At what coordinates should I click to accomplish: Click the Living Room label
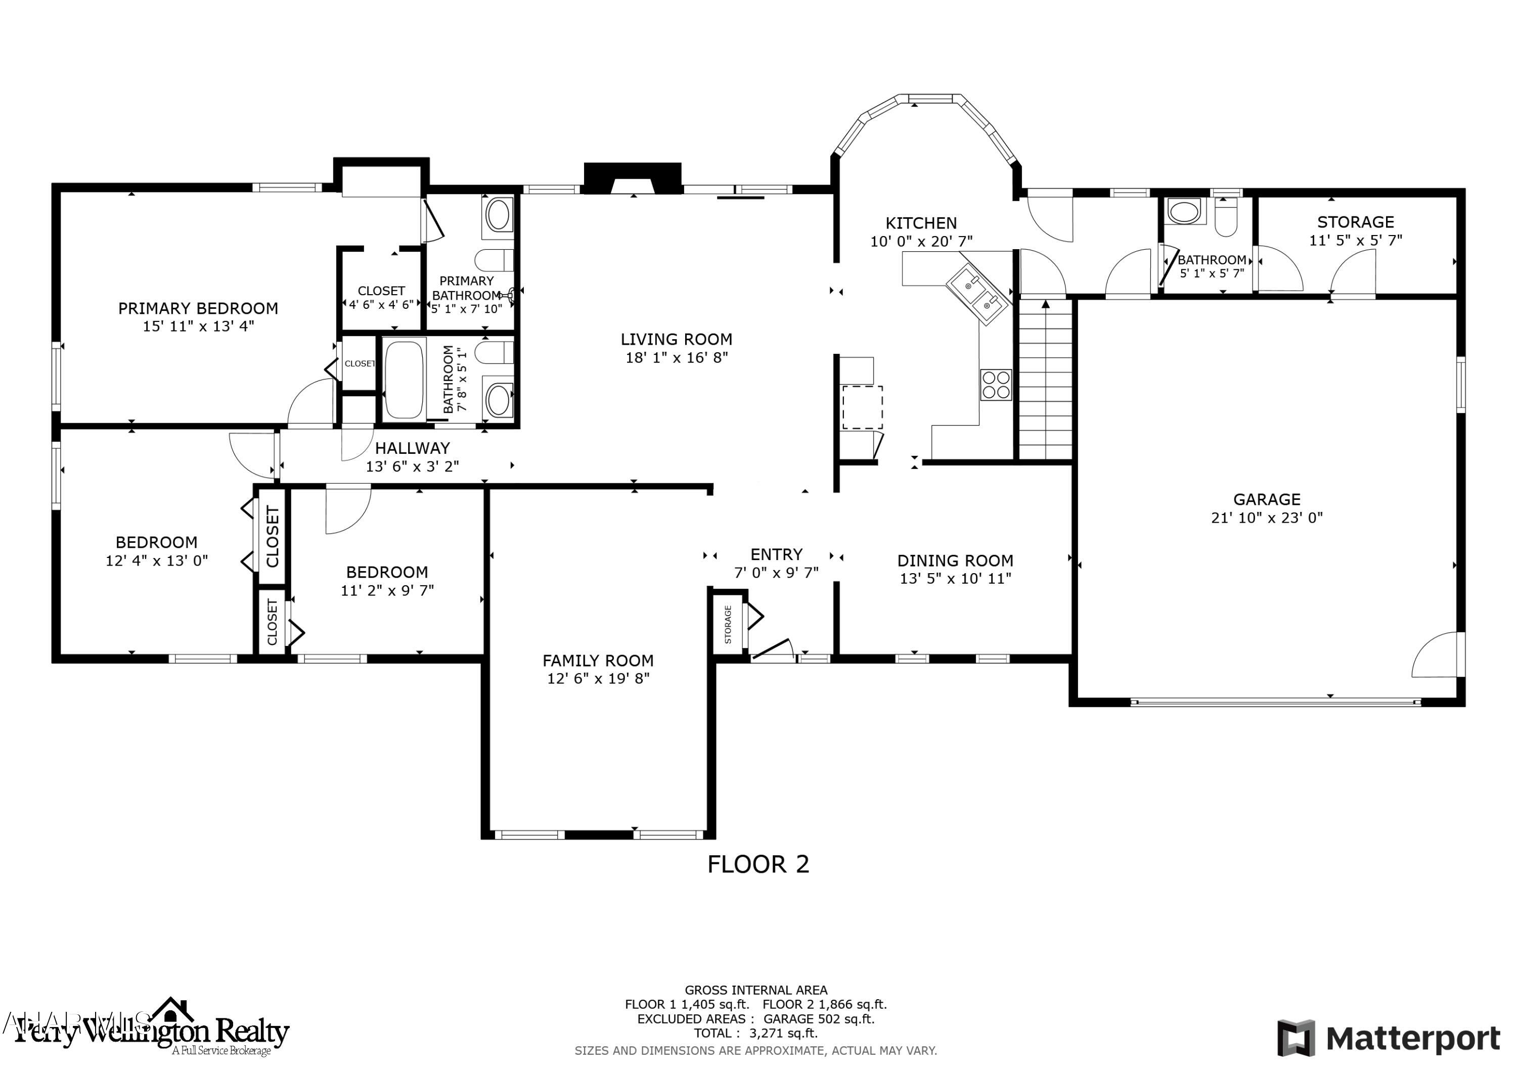pyautogui.click(x=676, y=340)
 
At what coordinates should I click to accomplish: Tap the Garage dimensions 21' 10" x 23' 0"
pyautogui.click(x=1267, y=518)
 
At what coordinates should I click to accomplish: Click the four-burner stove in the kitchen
pyautogui.click(x=996, y=385)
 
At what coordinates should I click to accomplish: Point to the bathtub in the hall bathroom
pyautogui.click(x=404, y=379)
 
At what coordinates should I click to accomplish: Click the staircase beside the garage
pyautogui.click(x=1045, y=380)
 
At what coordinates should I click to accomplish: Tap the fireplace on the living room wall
pyautogui.click(x=632, y=178)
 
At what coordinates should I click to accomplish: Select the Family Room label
pyautogui.click(x=598, y=661)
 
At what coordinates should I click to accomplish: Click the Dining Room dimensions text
pyautogui.click(x=955, y=579)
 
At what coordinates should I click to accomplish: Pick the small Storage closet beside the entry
pyautogui.click(x=728, y=624)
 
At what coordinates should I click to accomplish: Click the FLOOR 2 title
pyautogui.click(x=758, y=865)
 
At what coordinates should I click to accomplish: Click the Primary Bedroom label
pyautogui.click(x=198, y=308)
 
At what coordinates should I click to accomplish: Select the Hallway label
pyautogui.click(x=412, y=448)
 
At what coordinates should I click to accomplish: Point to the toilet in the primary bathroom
pyautogui.click(x=494, y=260)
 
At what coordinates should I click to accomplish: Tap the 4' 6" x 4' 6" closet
pyautogui.click(x=381, y=297)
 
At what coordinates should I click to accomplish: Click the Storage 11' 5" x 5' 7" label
pyautogui.click(x=1355, y=222)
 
